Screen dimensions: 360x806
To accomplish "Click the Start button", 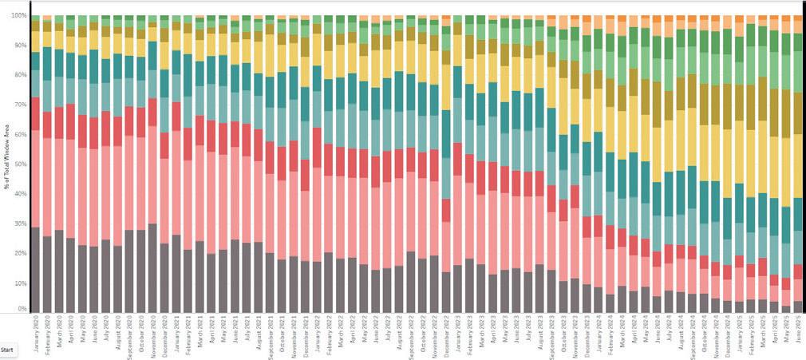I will (6, 349).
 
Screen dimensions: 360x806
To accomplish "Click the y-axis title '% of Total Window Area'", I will (6, 164).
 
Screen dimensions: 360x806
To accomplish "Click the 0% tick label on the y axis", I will (22, 309).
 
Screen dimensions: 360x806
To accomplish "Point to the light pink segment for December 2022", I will (445, 247).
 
